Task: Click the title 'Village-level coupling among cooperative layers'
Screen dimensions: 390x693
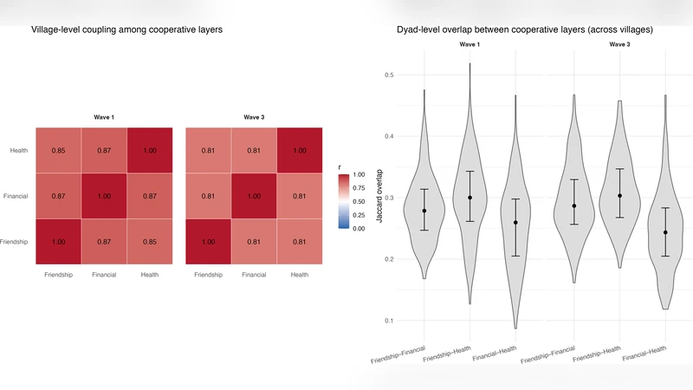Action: coord(126,30)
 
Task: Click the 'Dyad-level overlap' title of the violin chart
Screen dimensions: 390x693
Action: coord(525,30)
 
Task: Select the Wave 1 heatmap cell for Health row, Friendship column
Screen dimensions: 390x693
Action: coord(58,151)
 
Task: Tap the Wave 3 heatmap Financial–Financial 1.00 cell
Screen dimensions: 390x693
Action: coord(254,197)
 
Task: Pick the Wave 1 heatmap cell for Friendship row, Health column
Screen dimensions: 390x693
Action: coord(149,242)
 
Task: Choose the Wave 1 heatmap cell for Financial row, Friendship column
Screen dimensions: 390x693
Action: coord(58,197)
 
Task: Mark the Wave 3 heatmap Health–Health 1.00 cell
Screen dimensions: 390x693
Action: coord(299,151)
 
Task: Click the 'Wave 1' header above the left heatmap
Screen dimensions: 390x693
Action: coord(104,117)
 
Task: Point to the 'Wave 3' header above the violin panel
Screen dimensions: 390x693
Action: coord(619,43)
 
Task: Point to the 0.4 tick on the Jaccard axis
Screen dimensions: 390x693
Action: coord(390,136)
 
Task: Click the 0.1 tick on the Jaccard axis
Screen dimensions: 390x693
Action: coord(390,321)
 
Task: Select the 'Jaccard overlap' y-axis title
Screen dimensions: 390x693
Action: coord(379,198)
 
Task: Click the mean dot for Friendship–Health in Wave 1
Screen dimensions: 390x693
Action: coord(470,198)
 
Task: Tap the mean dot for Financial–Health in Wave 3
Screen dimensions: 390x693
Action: coord(665,232)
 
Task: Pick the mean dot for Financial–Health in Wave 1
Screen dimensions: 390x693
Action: coord(515,223)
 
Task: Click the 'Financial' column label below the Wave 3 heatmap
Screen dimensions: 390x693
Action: coord(254,276)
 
